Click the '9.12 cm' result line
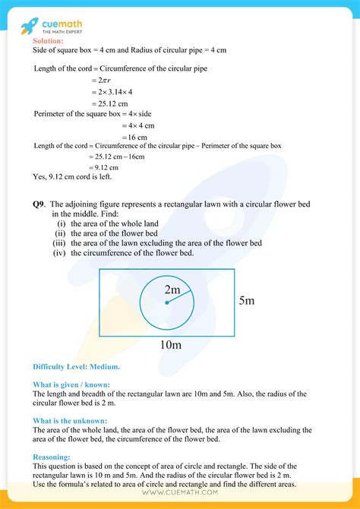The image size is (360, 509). pos(104,166)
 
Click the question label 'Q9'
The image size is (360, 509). pos(39,204)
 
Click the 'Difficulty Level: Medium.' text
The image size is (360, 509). pos(76,366)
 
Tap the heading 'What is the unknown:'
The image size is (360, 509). pos(70,421)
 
